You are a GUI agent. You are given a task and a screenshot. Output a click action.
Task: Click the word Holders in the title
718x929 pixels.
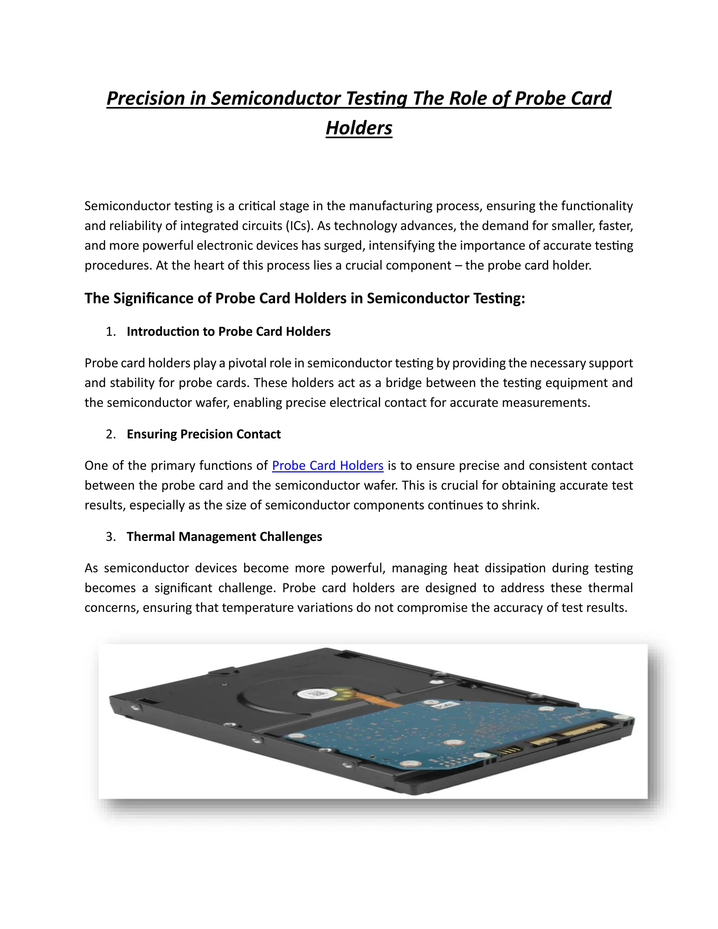359,128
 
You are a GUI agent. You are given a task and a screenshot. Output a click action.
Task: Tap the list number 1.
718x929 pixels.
110,331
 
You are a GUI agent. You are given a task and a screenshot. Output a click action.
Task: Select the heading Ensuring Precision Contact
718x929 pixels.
203,434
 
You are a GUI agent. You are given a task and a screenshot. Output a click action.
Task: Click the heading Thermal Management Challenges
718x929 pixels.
224,536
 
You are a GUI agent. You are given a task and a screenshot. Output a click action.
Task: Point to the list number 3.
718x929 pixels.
110,536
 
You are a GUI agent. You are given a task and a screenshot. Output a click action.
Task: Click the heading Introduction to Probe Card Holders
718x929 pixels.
229,331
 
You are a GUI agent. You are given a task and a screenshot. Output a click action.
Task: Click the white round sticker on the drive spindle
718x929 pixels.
313,693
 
